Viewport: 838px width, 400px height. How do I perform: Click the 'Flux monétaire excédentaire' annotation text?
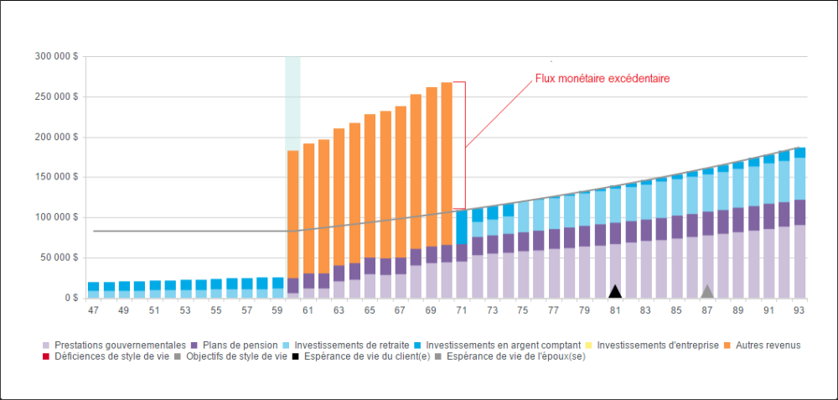pos(603,79)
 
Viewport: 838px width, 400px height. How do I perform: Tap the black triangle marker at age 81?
pos(615,292)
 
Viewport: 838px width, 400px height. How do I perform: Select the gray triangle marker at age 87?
pos(707,292)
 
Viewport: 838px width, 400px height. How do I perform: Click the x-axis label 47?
pos(93,310)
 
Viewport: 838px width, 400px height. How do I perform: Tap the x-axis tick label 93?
pos(799,310)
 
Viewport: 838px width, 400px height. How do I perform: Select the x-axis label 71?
pos(462,310)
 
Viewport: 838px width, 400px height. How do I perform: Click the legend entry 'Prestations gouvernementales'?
pos(113,345)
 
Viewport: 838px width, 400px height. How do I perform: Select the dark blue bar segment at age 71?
pos(462,226)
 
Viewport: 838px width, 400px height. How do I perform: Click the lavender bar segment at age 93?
pos(799,261)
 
